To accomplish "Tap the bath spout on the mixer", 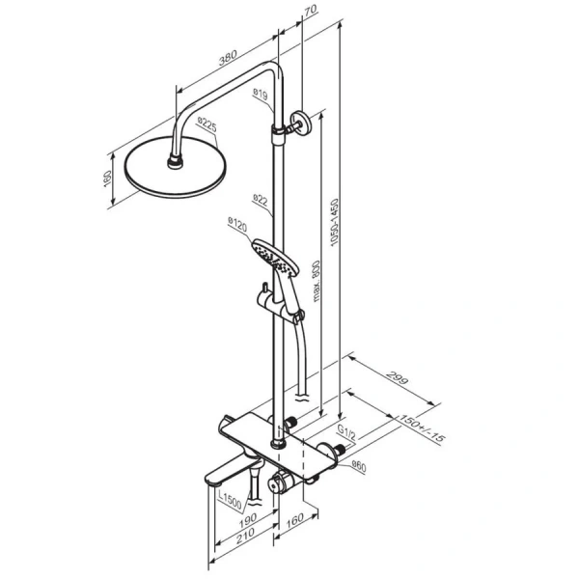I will [x=228, y=474].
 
